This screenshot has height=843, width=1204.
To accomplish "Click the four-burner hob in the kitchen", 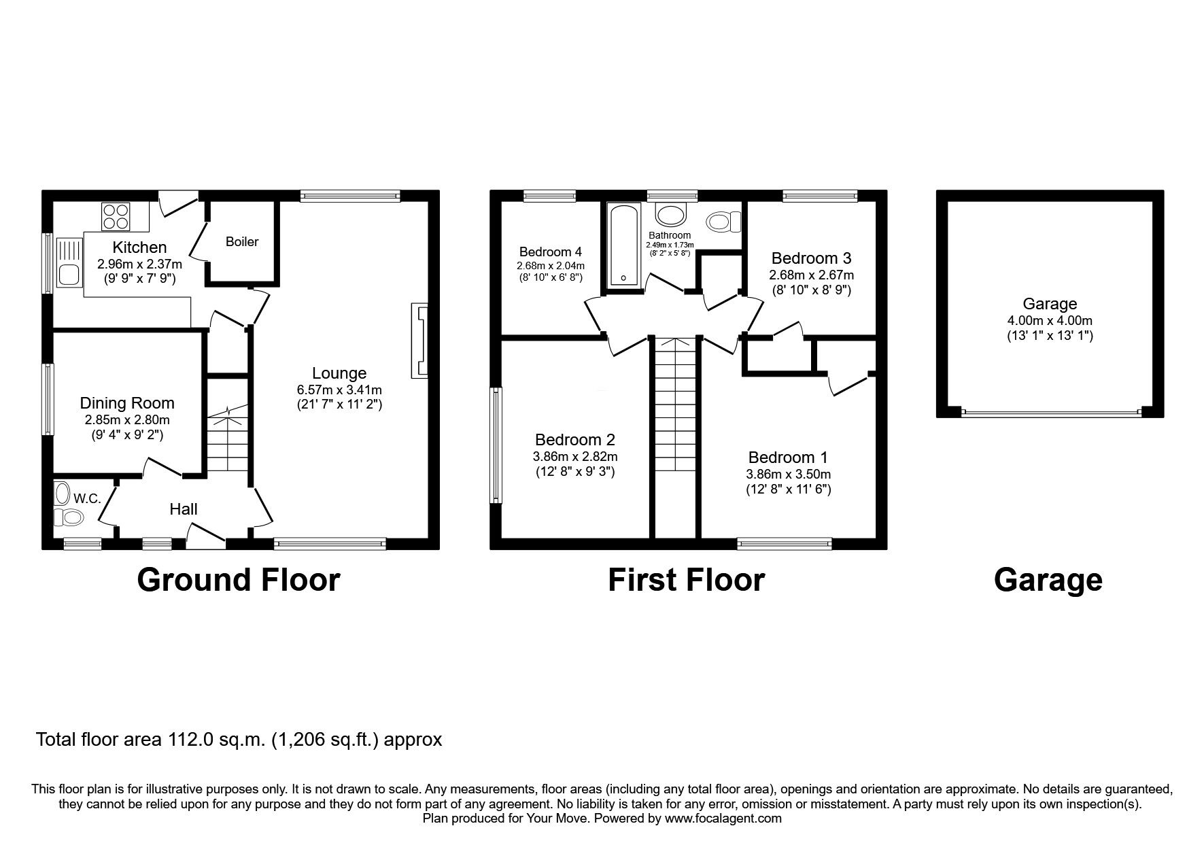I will [115, 216].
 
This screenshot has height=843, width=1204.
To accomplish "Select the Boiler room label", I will [242, 242].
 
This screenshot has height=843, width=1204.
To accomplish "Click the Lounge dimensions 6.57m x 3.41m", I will [339, 390].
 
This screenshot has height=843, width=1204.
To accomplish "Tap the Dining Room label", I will [127, 403].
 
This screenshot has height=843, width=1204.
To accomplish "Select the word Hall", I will [184, 509].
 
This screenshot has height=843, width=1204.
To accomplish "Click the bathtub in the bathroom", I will [623, 245].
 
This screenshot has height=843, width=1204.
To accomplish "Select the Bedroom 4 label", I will [550, 252].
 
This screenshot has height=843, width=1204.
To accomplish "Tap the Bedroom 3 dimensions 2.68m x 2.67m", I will [811, 275].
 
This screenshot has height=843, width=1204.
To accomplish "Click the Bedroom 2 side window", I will [496, 445].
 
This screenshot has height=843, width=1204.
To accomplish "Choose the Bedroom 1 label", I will [788, 458].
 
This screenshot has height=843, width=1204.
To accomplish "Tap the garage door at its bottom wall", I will [1050, 412].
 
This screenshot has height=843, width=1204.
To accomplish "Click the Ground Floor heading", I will [238, 580].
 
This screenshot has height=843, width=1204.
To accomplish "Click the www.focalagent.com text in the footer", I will [723, 819].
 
